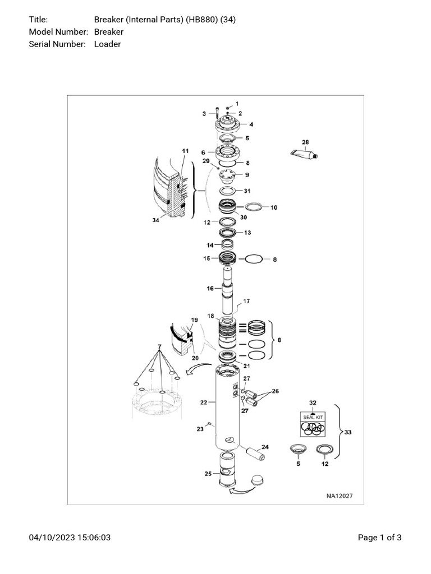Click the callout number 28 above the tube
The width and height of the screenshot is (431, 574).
point(305,142)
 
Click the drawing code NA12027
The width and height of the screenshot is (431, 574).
point(340,496)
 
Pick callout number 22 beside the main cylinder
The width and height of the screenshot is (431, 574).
point(204,402)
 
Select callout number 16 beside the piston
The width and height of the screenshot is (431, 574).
point(210,289)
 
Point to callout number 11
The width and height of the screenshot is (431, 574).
point(185,151)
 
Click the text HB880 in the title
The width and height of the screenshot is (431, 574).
point(205,20)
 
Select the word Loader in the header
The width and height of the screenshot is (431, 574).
point(107,44)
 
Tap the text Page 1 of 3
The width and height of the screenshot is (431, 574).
point(379,538)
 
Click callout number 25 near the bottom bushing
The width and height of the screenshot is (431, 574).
point(208,474)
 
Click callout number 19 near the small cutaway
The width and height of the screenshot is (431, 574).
point(194,320)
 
